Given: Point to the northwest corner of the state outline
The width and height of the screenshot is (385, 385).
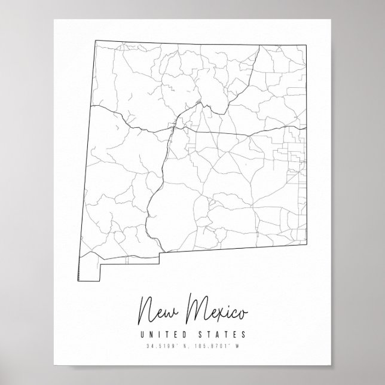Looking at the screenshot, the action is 94,40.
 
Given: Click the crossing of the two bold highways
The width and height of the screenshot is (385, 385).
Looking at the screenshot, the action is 173,126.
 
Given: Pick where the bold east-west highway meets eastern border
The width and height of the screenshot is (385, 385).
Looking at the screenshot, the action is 307,127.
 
